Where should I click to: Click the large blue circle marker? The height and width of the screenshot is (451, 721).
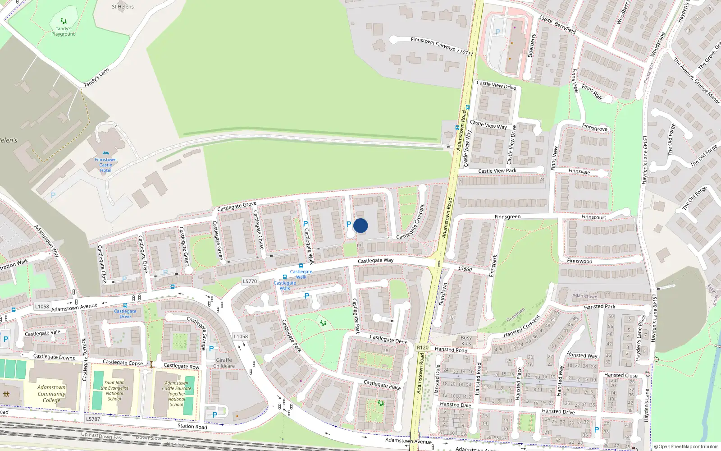click(360, 225)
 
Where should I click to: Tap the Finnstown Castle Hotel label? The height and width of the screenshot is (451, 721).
click(105, 165)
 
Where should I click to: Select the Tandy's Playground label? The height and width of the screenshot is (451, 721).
click(64, 31)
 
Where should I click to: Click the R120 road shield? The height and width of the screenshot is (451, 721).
click(423, 347)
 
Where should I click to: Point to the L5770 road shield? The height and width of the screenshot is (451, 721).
click(250, 281)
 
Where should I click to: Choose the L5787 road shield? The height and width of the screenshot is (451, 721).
click(93, 419)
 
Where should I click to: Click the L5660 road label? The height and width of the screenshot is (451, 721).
click(465, 269)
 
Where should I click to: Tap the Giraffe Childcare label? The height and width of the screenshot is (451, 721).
click(224, 363)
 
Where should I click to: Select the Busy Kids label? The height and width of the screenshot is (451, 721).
click(466, 341)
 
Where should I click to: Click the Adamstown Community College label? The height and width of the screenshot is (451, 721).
click(51, 394)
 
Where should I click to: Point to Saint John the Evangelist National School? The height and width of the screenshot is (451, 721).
click(114, 391)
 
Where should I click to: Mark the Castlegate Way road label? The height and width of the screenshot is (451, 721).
click(375, 261)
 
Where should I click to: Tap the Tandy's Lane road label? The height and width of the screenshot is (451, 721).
click(96, 78)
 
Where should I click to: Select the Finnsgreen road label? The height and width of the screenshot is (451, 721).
click(507, 217)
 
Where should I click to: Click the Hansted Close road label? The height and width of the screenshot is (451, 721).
click(621, 375)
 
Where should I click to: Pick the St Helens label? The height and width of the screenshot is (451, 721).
click(123, 7)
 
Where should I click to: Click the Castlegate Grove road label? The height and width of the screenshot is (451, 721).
click(237, 206)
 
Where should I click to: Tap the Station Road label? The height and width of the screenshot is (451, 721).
click(192, 426)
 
